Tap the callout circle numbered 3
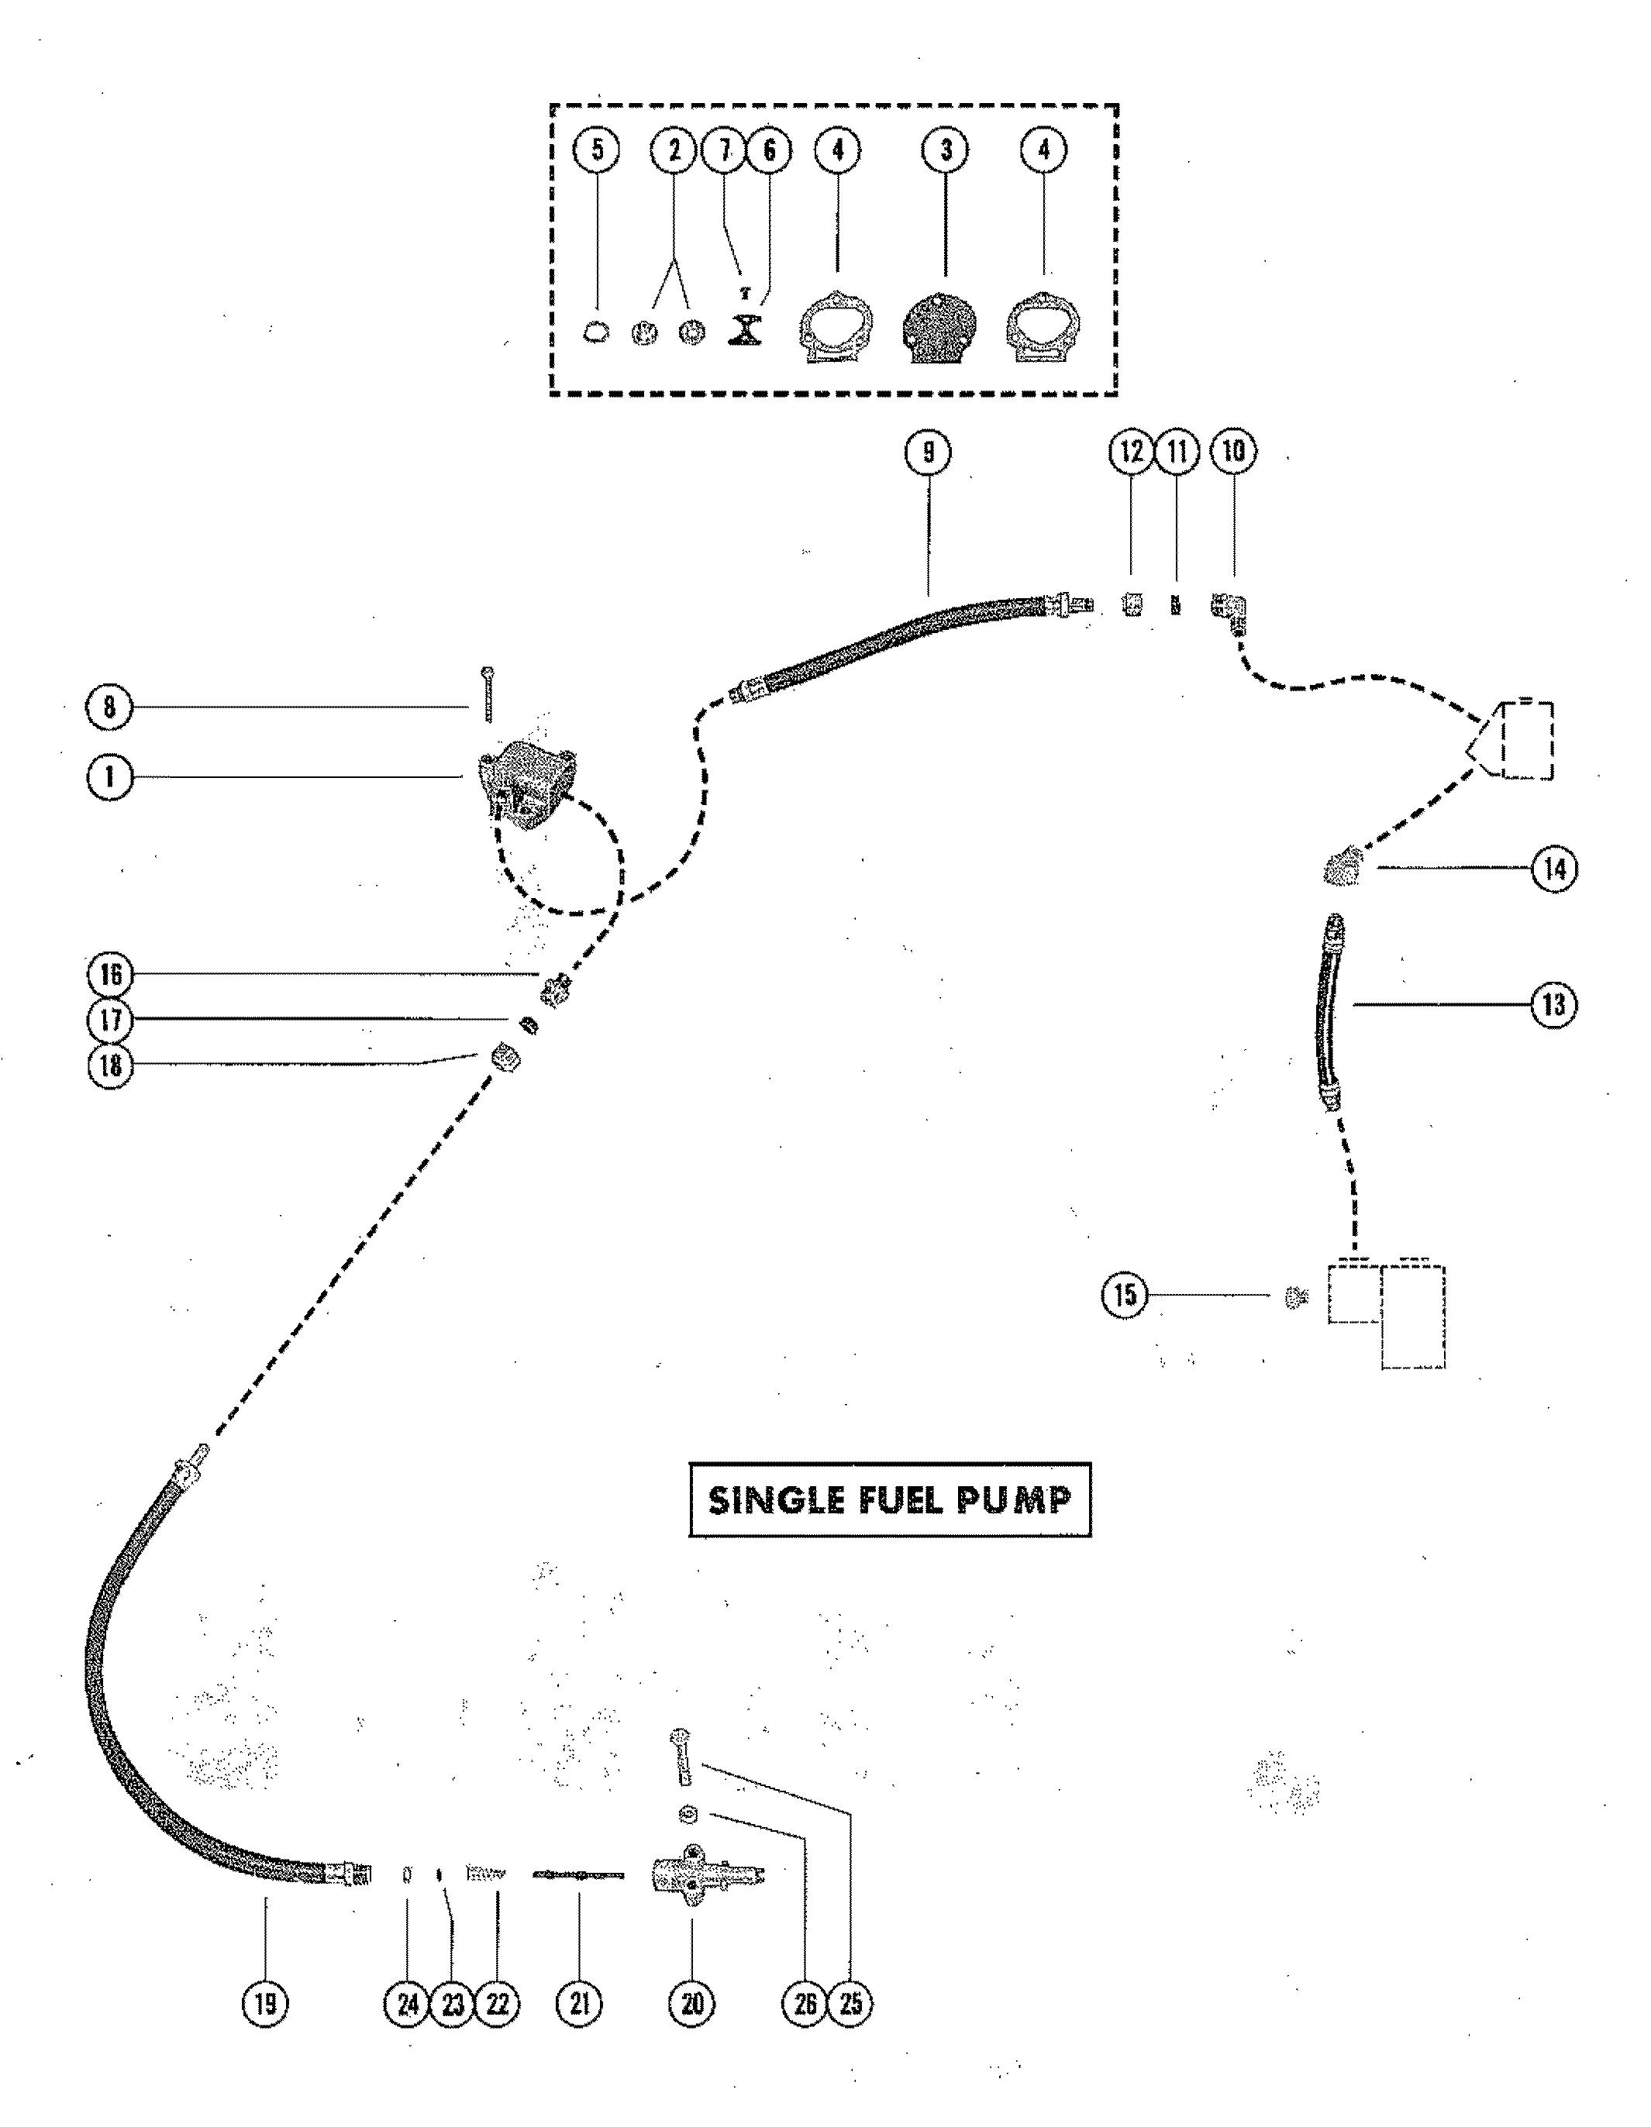(945, 150)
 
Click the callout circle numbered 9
(929, 452)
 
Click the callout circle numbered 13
(1553, 1004)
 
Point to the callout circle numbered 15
(1125, 1296)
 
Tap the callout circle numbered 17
(110, 1020)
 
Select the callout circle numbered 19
(265, 2002)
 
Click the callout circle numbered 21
(580, 2002)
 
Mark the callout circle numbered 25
(850, 2002)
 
